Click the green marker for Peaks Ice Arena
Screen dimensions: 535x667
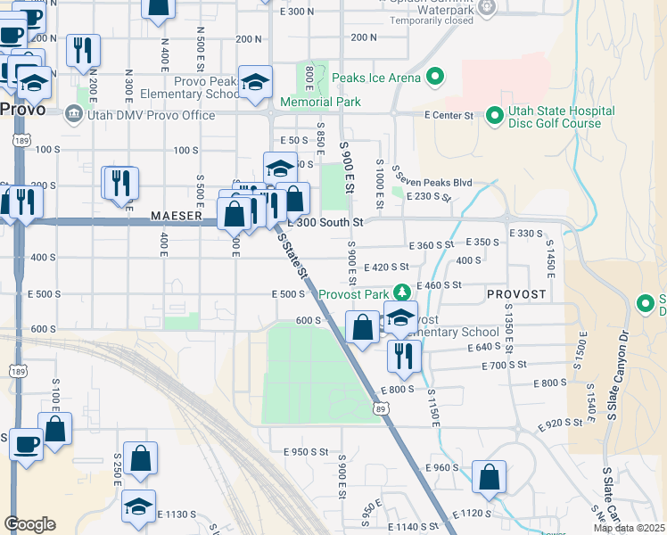(x=435, y=78)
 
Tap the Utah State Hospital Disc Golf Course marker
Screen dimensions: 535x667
(x=494, y=116)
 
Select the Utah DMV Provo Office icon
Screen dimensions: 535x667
(x=73, y=115)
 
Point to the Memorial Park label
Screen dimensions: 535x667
(x=321, y=102)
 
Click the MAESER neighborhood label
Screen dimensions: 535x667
(x=182, y=217)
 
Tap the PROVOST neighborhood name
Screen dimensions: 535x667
(x=516, y=293)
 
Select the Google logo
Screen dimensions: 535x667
(x=29, y=524)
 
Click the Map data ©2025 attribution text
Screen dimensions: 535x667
(x=628, y=528)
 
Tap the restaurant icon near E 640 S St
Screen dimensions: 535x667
(x=404, y=356)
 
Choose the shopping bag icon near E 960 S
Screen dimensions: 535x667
(x=490, y=477)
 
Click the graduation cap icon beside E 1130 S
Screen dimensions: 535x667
(x=139, y=506)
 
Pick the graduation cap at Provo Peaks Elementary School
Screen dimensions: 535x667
(x=256, y=83)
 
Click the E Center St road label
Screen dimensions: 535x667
(x=451, y=115)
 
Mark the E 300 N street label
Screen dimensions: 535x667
(x=297, y=12)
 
